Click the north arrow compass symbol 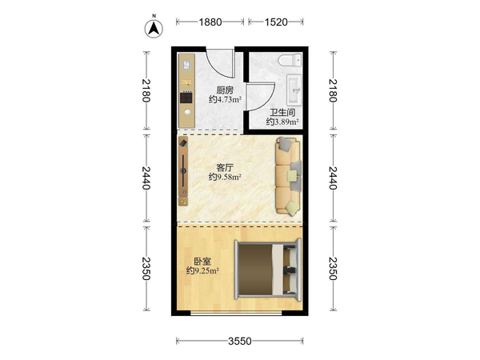pos(154,28)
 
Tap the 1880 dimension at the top pos(210,22)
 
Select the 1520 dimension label pos(276,22)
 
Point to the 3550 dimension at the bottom pos(240,341)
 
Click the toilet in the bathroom pos(290,60)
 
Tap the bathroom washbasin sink pos(294,90)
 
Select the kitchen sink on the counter pos(186,66)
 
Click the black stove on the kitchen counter pos(186,98)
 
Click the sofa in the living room pos(289,175)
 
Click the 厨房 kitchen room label pos(225,90)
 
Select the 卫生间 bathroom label pos(282,112)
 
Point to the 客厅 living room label pos(225,167)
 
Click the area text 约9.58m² pos(225,177)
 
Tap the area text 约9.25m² pos(202,270)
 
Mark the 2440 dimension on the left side pos(146,178)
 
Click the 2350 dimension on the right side pos(333,269)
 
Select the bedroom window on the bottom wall pos(236,313)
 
